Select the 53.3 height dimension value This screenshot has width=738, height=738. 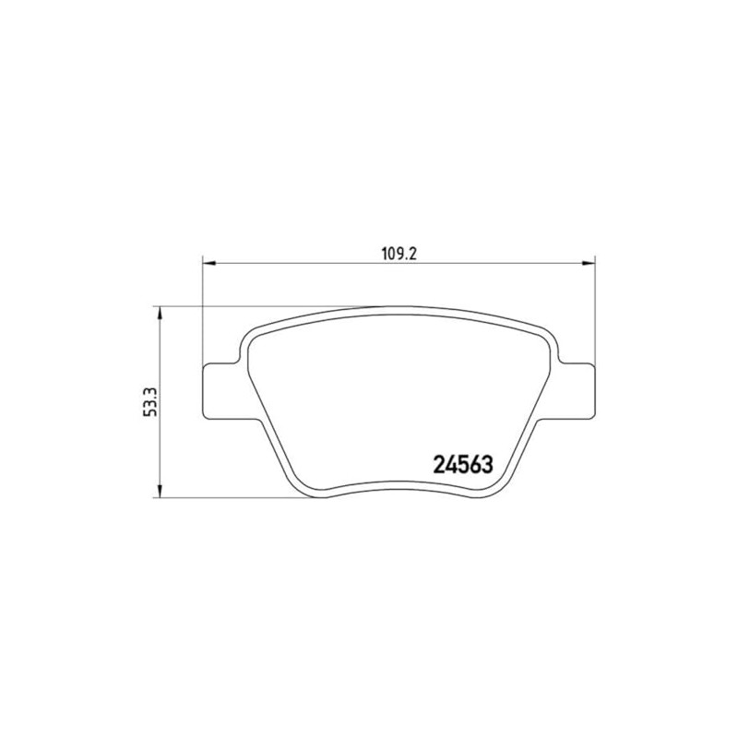click(x=149, y=402)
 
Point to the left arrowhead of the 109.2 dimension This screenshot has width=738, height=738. click(x=208, y=265)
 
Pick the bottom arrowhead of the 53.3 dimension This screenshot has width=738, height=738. click(x=161, y=493)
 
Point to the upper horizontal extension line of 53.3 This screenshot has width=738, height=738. click(x=277, y=306)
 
